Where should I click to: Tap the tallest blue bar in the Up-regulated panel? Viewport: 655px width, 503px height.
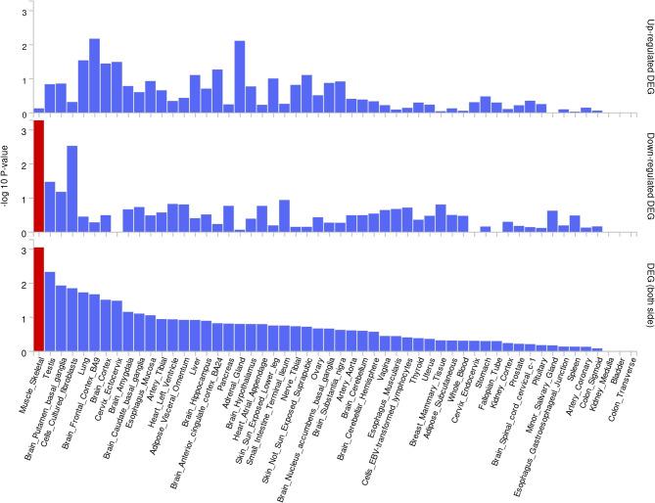pos(95,76)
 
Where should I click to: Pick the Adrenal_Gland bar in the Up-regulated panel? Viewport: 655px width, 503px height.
pos(240,77)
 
